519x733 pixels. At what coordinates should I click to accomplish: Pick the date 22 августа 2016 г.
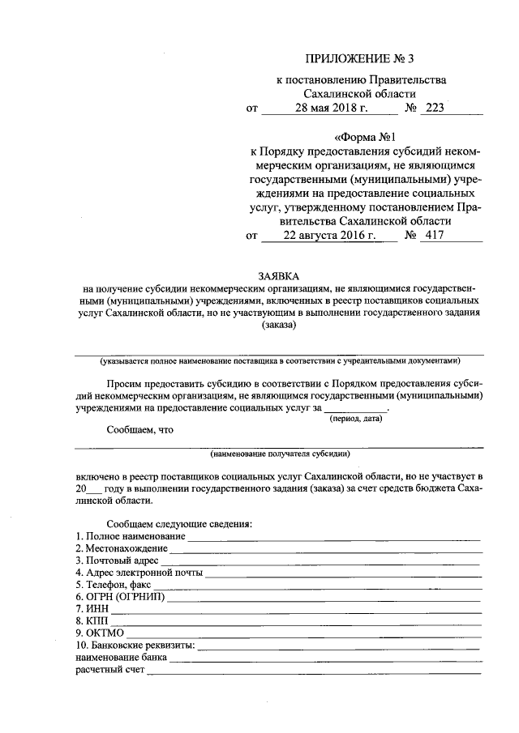329,236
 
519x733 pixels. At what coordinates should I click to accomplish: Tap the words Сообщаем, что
140,430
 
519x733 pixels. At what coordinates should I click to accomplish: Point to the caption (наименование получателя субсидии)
279,454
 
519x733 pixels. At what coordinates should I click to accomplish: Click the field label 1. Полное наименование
130,536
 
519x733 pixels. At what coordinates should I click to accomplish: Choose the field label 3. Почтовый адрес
118,560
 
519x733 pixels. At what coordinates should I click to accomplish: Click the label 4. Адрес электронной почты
139,573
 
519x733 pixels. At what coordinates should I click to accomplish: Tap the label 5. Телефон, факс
114,585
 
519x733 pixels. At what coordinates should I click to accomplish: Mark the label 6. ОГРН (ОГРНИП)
120,597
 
